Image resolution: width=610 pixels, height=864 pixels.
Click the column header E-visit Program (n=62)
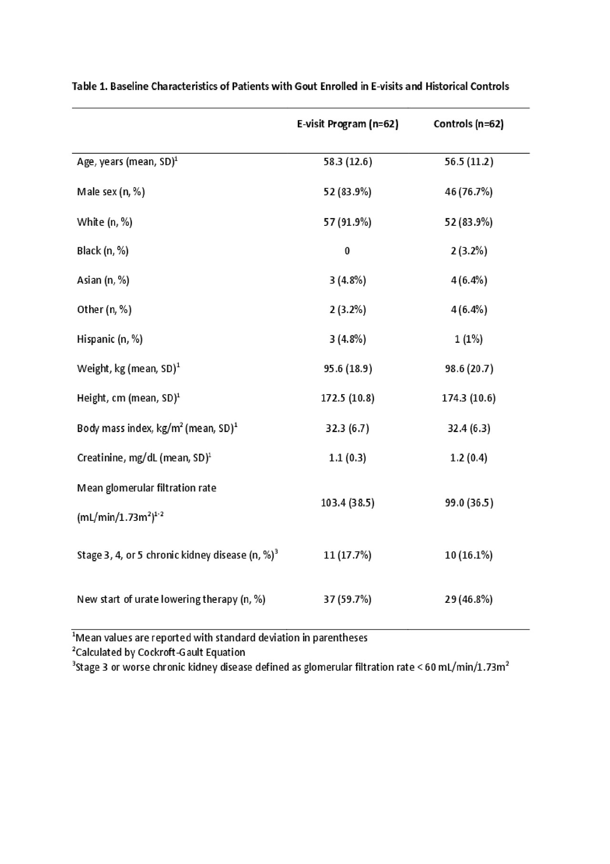pyautogui.click(x=347, y=124)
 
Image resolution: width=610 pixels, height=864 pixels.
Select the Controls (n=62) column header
pyautogui.click(x=468, y=124)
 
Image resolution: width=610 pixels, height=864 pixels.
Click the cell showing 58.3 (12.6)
pyautogui.click(x=347, y=162)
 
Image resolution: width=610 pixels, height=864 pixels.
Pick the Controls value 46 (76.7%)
pyautogui.click(x=468, y=192)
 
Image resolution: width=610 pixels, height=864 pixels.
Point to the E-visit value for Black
pyautogui.click(x=347, y=251)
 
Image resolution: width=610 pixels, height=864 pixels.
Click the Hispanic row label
pyautogui.click(x=110, y=339)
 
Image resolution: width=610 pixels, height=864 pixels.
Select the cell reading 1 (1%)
pyautogui.click(x=468, y=339)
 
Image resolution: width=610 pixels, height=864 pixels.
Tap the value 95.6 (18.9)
pyautogui.click(x=347, y=368)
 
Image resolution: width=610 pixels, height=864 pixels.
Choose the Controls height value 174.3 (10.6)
pyautogui.click(x=468, y=398)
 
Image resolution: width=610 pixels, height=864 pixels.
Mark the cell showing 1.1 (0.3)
pyautogui.click(x=347, y=457)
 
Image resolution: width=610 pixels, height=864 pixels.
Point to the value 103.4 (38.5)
pyautogui.click(x=347, y=502)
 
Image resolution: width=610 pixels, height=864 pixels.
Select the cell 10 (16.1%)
pyautogui.click(x=468, y=555)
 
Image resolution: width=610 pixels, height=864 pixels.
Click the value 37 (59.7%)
pyautogui.click(x=347, y=599)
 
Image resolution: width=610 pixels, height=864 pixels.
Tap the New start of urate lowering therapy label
pyautogui.click(x=171, y=599)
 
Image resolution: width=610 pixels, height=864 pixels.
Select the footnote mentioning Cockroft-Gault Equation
pyautogui.click(x=159, y=652)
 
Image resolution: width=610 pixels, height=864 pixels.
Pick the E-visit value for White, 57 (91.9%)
pyautogui.click(x=347, y=222)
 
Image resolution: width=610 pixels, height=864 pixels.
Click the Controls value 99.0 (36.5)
pyautogui.click(x=468, y=502)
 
